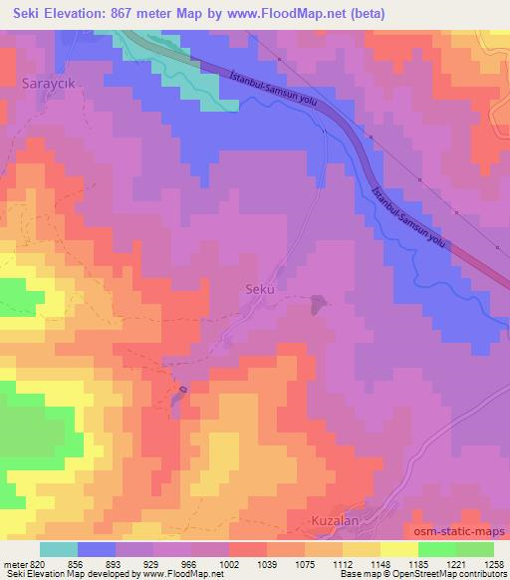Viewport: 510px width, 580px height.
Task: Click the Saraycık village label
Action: pyautogui.click(x=47, y=87)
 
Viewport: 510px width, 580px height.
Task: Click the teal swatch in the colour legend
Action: pyautogui.click(x=60, y=549)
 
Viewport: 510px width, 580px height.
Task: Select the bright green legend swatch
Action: pyautogui.click(x=437, y=549)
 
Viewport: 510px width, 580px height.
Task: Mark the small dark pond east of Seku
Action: pyautogui.click(x=318, y=303)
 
